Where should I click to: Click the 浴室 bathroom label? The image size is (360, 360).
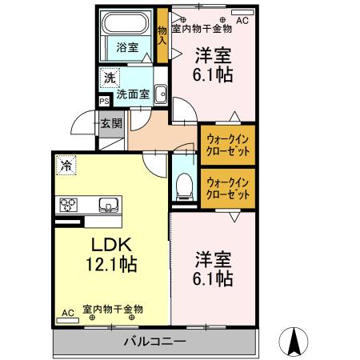tap(126, 46)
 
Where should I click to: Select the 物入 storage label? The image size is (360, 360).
tap(162, 34)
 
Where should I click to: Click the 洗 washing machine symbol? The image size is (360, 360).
tap(107, 78)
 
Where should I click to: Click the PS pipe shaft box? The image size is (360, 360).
tap(104, 102)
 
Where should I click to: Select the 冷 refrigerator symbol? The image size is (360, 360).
tap(63, 167)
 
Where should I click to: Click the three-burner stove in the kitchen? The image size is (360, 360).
tap(66, 204)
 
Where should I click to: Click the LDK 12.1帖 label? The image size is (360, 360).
tap(111, 254)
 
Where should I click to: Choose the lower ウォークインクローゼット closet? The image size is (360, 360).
tap(226, 189)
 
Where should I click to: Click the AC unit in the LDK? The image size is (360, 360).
tap(67, 313)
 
